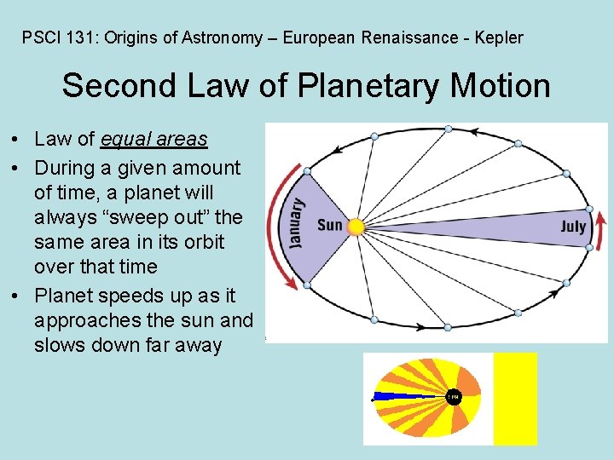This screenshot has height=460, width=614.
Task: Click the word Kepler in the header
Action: (499, 37)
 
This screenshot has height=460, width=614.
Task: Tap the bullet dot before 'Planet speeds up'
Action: (16, 296)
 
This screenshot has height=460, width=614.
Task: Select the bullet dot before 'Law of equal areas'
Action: (16, 139)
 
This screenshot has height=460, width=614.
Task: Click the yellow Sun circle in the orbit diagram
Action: (356, 227)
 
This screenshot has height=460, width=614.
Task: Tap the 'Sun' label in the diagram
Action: (329, 226)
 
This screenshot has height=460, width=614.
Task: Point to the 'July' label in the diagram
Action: (573, 227)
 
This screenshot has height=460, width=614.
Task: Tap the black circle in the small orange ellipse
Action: (453, 397)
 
